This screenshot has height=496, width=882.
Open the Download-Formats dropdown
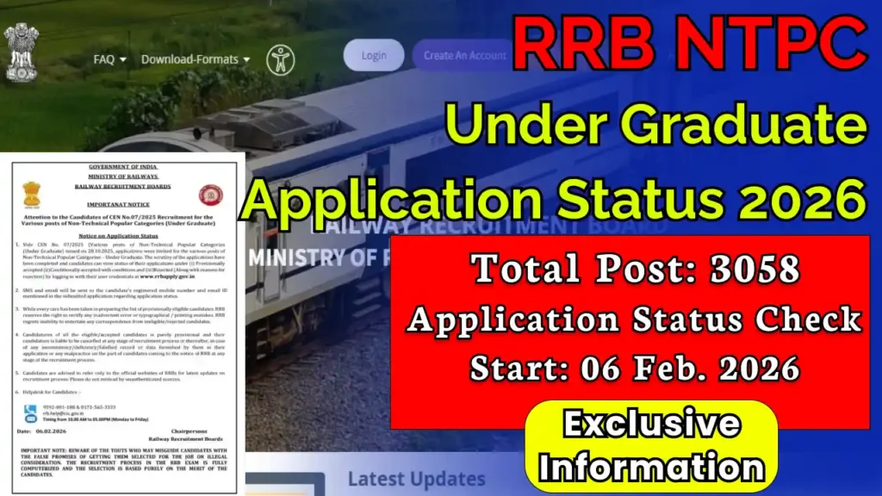(190, 59)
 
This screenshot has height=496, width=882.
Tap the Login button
(374, 55)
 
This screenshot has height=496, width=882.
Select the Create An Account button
(465, 55)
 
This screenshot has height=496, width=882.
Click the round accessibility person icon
(280, 59)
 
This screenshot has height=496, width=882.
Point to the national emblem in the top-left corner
(21, 49)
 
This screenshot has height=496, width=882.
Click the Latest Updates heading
(416, 479)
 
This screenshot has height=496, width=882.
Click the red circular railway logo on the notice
(209, 195)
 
